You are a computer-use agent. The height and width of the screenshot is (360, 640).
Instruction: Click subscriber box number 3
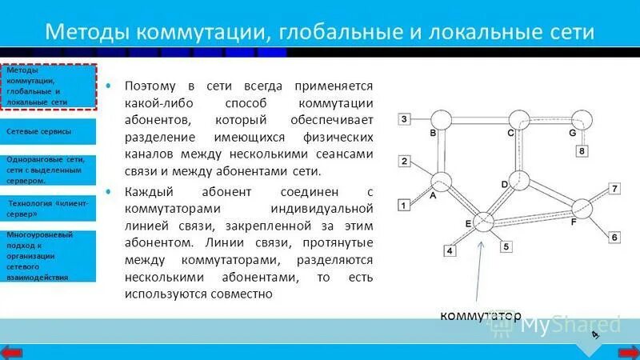405,120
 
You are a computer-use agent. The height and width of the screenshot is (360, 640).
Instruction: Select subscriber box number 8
582,150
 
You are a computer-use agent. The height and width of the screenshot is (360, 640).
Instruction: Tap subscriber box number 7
614,189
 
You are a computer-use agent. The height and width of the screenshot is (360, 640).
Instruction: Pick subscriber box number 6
614,237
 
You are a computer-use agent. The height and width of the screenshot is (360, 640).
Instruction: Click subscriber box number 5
506,247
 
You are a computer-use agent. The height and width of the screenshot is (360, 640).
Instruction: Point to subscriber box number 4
450,251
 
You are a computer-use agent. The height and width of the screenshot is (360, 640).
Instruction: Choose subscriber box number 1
405,206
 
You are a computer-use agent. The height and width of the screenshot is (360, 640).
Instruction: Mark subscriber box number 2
405,162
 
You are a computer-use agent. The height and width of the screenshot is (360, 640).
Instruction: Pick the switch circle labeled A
442,182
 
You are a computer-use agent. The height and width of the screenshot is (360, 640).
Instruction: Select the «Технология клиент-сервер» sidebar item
47,210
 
